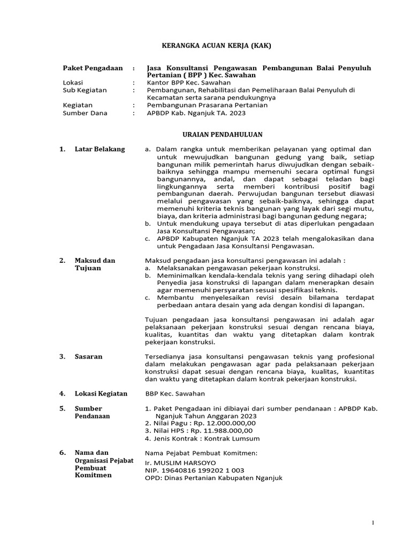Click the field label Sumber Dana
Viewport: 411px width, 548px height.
pyautogui.click(x=85, y=113)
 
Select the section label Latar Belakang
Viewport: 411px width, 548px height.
pyautogui.click(x=100, y=149)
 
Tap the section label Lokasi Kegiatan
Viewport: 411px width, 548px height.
pyautogui.click(x=101, y=393)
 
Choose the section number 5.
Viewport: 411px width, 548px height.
pyautogui.click(x=62, y=408)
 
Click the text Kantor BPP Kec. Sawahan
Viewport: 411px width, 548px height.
pyautogui.click(x=188, y=83)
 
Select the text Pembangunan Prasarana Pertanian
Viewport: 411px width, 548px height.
pyautogui.click(x=207, y=105)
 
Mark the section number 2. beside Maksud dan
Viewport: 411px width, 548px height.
pyautogui.click(x=62, y=261)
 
